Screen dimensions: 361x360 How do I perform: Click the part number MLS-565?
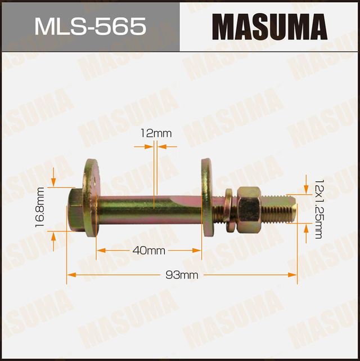pos(90,26)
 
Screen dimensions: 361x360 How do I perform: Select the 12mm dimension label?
pos(156,133)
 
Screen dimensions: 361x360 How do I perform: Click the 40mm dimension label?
pos(148,250)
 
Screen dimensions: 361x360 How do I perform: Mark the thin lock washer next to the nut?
pos(227,210)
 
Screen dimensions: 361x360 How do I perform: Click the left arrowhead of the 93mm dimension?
pos(71,275)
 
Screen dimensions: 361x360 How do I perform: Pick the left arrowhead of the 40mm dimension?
pos(100,250)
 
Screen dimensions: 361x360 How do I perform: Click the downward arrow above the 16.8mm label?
pos(54,182)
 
